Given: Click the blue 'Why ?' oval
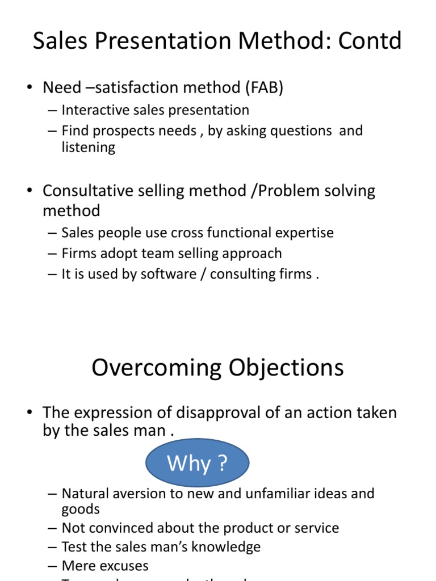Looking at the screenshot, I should [x=197, y=464].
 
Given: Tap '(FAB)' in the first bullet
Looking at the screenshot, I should [x=266, y=87].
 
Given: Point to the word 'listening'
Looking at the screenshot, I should [x=88, y=148].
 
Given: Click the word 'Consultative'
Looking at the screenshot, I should [x=88, y=191].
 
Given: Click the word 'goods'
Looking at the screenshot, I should [x=81, y=509].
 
